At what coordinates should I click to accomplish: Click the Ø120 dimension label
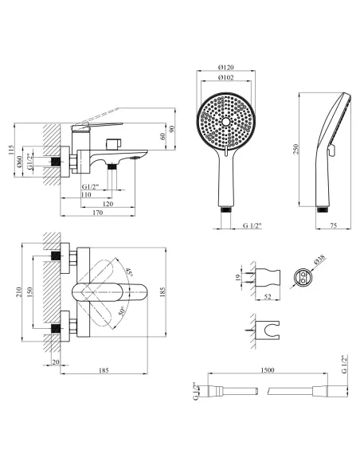click(226, 68)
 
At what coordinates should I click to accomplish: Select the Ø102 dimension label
click(226, 78)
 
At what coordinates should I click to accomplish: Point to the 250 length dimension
click(295, 150)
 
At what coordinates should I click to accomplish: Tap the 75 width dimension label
click(334, 225)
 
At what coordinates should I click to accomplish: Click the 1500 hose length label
click(268, 370)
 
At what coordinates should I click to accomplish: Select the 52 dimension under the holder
click(268, 297)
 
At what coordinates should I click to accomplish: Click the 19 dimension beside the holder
click(237, 277)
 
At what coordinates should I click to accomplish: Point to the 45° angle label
click(129, 272)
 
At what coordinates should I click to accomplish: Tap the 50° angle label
click(121, 311)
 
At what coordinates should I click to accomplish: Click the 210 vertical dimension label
click(19, 292)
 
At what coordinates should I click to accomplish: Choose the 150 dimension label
click(29, 292)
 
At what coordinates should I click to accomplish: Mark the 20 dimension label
click(56, 362)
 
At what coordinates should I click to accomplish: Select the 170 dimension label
click(97, 213)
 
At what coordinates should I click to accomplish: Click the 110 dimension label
click(86, 195)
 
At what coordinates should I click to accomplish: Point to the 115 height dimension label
click(11, 150)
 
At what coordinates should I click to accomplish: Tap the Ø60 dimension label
click(19, 162)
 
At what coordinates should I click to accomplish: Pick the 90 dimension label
click(172, 129)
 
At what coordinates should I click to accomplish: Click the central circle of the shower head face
click(226, 121)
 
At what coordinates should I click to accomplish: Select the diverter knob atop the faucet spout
click(112, 144)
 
